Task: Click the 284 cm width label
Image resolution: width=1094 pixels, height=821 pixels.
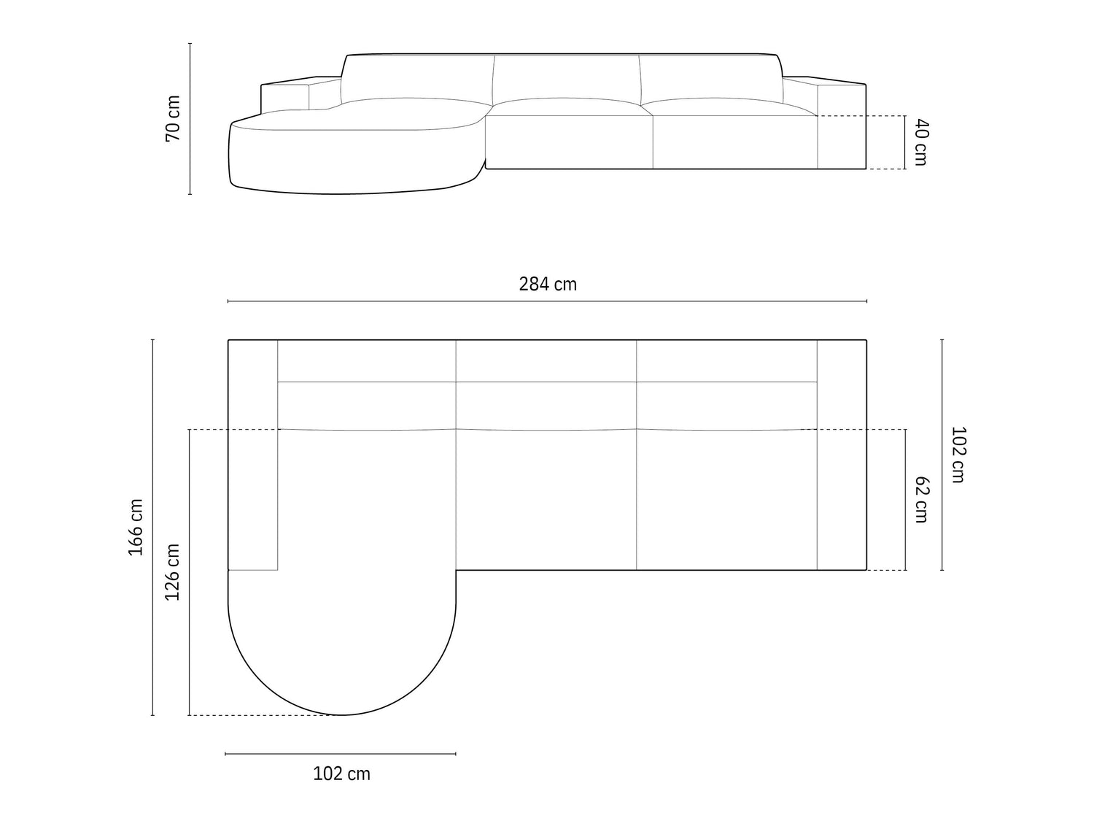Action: [547, 284]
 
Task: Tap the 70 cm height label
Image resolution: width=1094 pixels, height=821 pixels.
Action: [173, 119]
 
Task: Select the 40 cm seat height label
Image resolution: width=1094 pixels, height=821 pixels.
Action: [922, 142]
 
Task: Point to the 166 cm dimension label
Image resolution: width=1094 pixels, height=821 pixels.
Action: [136, 527]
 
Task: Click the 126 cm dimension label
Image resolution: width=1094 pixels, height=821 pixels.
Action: [172, 571]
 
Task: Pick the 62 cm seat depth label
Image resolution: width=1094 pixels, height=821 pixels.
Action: [922, 499]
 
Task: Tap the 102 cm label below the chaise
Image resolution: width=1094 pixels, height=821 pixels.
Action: [341, 774]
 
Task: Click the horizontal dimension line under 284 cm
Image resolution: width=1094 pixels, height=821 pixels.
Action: [547, 301]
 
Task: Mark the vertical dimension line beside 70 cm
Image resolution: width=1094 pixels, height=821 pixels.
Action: [190, 119]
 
